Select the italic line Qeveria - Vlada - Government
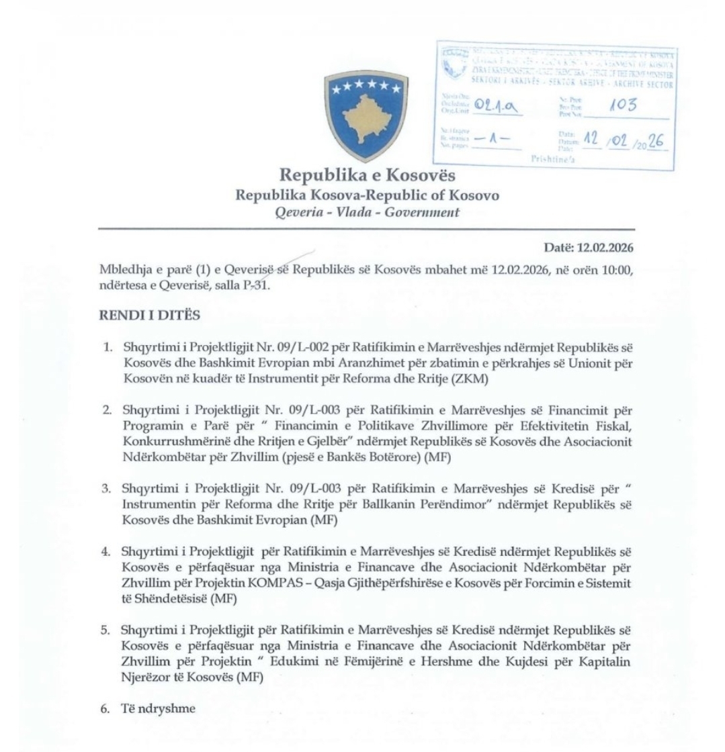(363, 211)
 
